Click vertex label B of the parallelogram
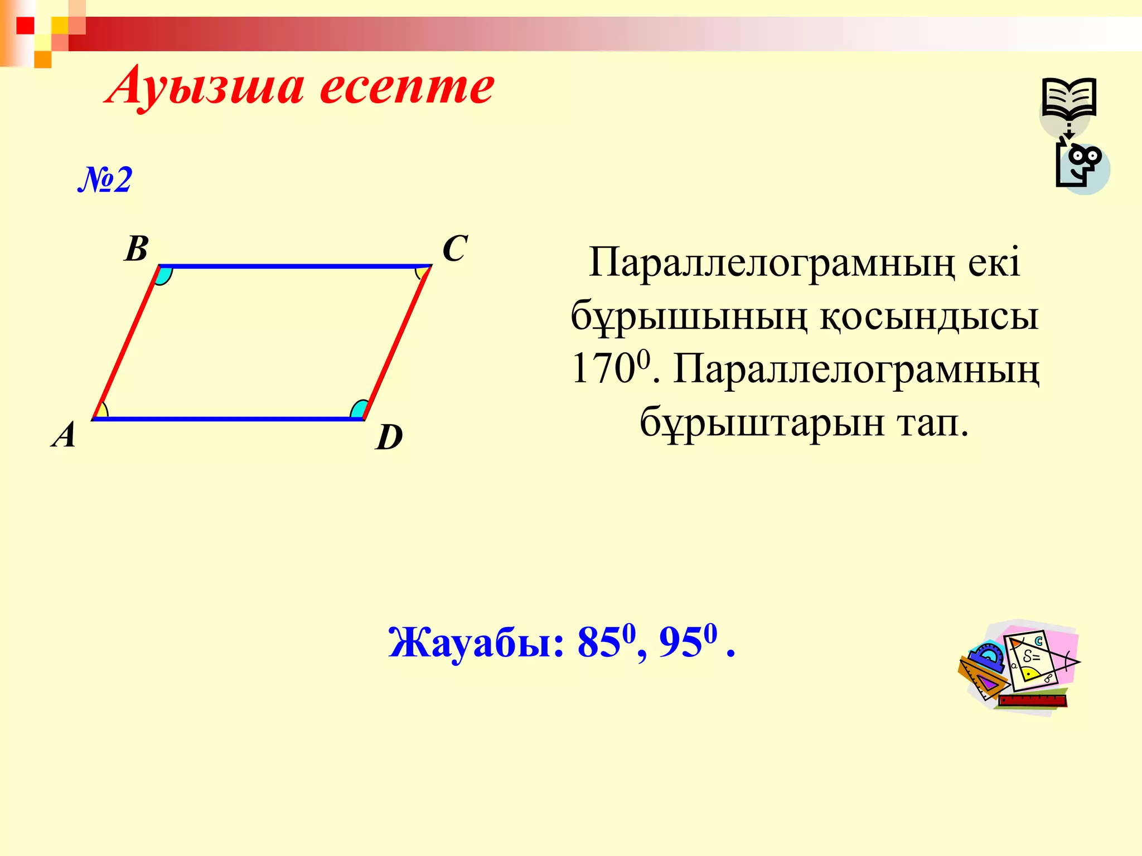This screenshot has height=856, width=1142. (x=137, y=249)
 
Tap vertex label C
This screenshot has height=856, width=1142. (x=454, y=249)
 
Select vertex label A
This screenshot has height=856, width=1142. (x=64, y=435)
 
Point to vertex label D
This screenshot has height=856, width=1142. (x=389, y=437)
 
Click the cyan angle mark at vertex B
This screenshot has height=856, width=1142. (x=163, y=275)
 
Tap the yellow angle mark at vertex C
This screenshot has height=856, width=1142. (x=423, y=273)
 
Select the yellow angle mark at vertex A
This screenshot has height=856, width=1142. (x=100, y=411)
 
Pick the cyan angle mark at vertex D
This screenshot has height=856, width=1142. (x=359, y=410)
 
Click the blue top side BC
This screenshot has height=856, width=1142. (x=296, y=266)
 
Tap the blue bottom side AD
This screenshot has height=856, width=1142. (x=229, y=418)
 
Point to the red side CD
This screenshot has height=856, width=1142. (x=397, y=342)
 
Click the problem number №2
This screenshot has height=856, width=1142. (x=105, y=179)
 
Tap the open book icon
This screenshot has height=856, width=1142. (x=1069, y=98)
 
